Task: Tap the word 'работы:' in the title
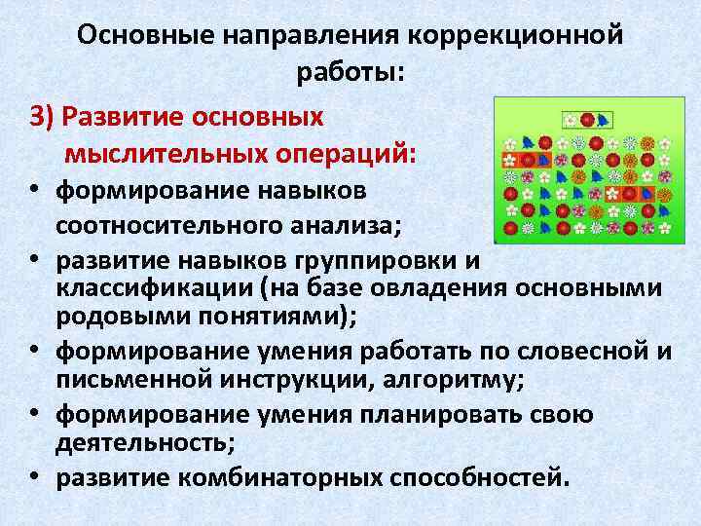(x=350, y=72)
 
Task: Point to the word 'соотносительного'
(x=166, y=226)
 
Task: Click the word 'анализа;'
(x=337, y=226)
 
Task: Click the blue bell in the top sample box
(x=603, y=120)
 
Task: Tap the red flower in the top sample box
(x=587, y=120)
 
